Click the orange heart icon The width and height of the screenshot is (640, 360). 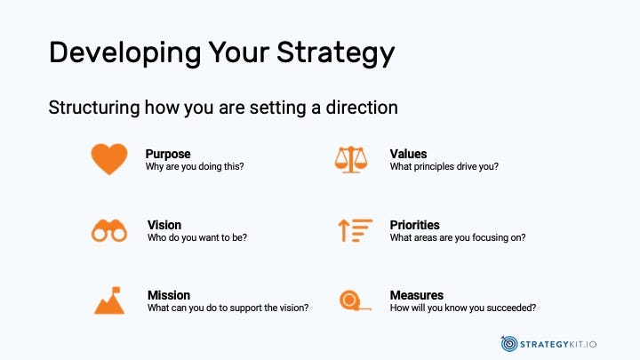coord(109,159)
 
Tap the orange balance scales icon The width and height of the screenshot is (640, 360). coord(351,160)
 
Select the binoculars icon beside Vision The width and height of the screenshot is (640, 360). coord(109,230)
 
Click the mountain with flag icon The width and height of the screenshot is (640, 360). coord(109,300)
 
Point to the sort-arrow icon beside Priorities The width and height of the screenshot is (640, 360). coord(355,230)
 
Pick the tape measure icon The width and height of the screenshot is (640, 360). coord(355,300)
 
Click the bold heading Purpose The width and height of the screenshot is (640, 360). coord(168,154)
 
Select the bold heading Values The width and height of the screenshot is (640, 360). coord(408,154)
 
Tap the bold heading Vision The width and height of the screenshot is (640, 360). coord(164,225)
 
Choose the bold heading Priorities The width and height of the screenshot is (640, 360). coord(414,225)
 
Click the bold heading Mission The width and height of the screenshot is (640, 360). coord(169,295)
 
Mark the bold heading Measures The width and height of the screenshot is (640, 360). coord(416,295)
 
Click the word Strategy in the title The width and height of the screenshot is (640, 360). coord(335,53)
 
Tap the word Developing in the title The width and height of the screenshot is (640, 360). coord(125,53)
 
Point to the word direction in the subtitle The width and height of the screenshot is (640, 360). coord(362,108)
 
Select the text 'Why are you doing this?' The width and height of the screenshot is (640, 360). coord(195,166)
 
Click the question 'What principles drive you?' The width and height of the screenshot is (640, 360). coord(444,166)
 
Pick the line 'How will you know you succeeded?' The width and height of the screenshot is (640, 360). coord(463,308)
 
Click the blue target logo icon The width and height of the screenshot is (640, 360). coord(509,344)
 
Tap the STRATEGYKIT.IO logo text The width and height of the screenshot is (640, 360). coord(558,345)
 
